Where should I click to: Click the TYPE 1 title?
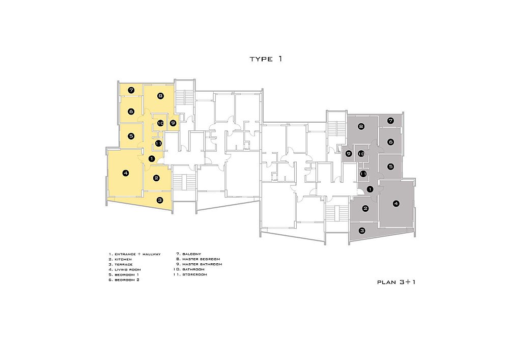(x=266, y=59)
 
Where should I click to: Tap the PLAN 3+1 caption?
(x=396, y=282)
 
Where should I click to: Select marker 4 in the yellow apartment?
(x=126, y=173)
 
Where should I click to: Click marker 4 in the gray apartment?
(x=395, y=204)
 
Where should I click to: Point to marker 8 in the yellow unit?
(x=160, y=96)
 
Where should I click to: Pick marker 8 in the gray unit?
(x=361, y=126)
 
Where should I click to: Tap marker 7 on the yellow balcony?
(x=131, y=90)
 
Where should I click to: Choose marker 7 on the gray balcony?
(x=390, y=121)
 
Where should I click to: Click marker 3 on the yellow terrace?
(x=160, y=200)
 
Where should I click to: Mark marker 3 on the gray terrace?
(x=362, y=231)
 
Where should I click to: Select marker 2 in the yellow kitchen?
(x=156, y=178)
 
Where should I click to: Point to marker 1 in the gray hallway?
(x=370, y=189)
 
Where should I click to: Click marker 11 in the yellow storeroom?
(x=158, y=143)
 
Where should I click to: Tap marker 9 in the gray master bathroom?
(x=349, y=154)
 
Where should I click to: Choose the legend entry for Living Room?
(x=125, y=269)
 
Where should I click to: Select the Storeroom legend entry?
(x=190, y=274)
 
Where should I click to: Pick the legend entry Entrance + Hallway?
(x=135, y=254)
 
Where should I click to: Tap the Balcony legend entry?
(x=189, y=254)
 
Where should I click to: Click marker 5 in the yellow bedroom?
(x=131, y=136)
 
